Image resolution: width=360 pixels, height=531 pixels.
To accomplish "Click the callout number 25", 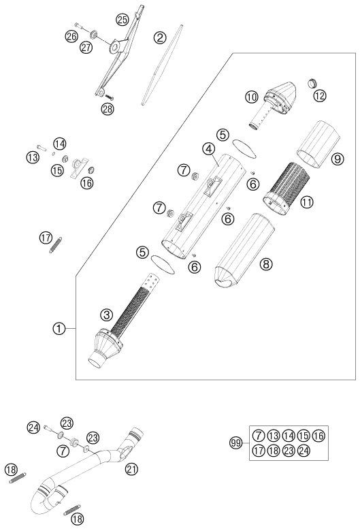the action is tap(122, 20).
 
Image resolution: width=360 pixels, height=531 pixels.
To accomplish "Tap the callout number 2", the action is tap(160, 37).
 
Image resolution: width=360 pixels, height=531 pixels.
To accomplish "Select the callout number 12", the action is tap(319, 96).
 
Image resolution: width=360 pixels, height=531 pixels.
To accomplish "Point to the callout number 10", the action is tap(252, 97).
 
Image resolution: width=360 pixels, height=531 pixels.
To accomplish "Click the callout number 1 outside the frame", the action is tap(59, 328).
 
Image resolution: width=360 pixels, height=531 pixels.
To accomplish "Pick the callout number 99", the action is tap(236, 442).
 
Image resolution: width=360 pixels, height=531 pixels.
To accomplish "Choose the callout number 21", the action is tap(131, 469).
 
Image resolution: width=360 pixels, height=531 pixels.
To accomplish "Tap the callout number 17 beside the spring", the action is tap(46, 238).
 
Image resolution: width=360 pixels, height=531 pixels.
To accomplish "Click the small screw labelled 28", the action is tap(110, 97).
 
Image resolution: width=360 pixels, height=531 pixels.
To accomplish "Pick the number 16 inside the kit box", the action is tap(318, 436).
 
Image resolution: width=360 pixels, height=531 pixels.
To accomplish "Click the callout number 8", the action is tap(266, 263).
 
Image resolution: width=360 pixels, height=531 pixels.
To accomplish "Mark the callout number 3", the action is tap(106, 315).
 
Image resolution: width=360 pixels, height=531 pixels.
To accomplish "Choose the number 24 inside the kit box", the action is tap(304, 451).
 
